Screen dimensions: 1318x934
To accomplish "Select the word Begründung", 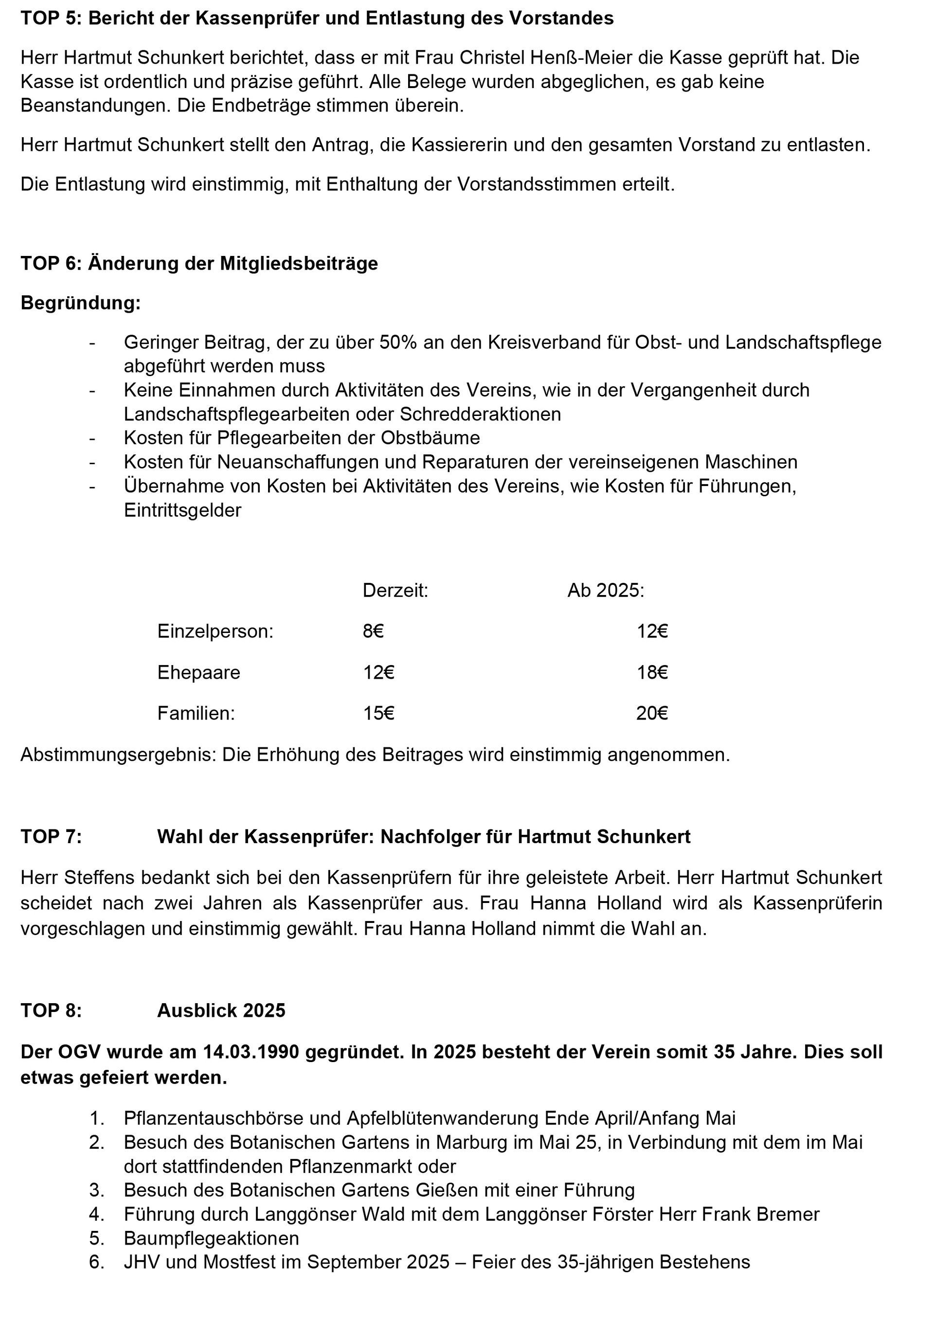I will [x=80, y=303].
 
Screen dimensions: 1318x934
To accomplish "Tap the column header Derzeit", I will [x=395, y=591].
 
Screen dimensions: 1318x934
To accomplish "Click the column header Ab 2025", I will [x=606, y=591].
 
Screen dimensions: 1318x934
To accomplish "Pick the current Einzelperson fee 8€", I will [x=373, y=632].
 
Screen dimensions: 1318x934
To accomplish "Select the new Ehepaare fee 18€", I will [x=652, y=672].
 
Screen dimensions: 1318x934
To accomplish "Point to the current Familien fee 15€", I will [x=378, y=714].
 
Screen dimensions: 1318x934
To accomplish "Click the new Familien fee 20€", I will [x=652, y=714].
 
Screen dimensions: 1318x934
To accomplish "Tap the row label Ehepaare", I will [x=198, y=672].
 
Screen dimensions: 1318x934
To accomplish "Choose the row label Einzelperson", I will [x=215, y=632].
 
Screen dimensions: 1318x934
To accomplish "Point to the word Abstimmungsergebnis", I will [x=118, y=755].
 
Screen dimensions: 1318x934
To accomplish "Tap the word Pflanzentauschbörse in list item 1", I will [x=214, y=1119].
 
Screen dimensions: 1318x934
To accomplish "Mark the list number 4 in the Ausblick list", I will [x=96, y=1214].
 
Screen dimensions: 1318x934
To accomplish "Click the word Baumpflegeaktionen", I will [x=211, y=1238].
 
